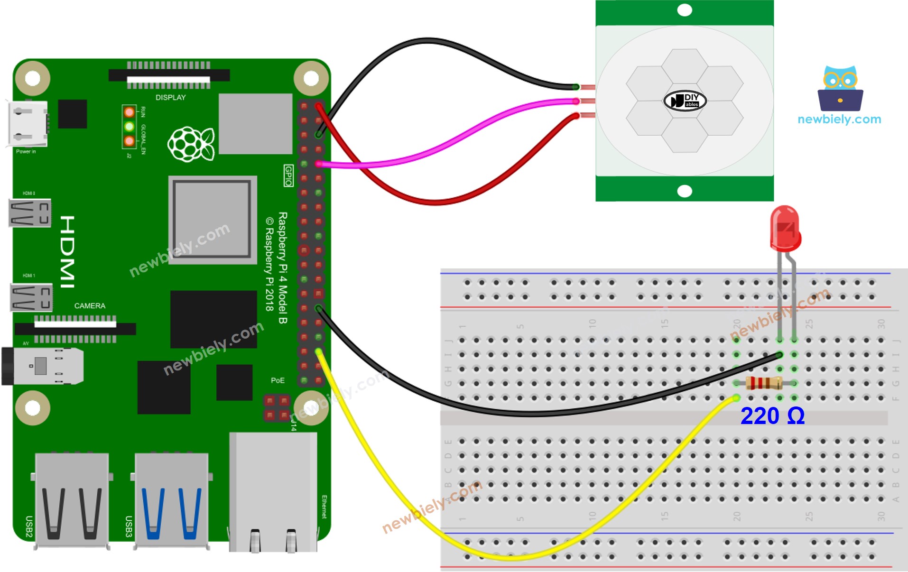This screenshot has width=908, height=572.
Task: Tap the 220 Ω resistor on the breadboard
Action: coord(763,383)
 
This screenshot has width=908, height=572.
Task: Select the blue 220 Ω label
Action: coord(772,416)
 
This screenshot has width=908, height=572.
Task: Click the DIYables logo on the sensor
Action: coord(685,101)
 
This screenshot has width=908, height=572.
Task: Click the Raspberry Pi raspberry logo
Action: coord(191,143)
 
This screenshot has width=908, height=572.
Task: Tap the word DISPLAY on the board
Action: coord(171,97)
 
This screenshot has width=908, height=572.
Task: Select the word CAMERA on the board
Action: coord(90,306)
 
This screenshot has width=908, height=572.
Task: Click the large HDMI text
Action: coord(67,252)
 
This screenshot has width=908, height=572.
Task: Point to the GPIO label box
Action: coord(288,175)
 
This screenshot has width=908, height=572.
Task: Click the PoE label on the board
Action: coord(278,380)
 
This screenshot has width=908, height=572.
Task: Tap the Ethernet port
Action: coord(273,493)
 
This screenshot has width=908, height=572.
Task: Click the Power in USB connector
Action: coord(28,124)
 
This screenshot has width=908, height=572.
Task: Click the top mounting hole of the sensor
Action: coord(685,10)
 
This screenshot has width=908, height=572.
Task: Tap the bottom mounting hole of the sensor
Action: coord(685,191)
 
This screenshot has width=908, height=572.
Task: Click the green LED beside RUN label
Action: coord(129,127)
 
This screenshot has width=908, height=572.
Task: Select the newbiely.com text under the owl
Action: coord(839,120)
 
